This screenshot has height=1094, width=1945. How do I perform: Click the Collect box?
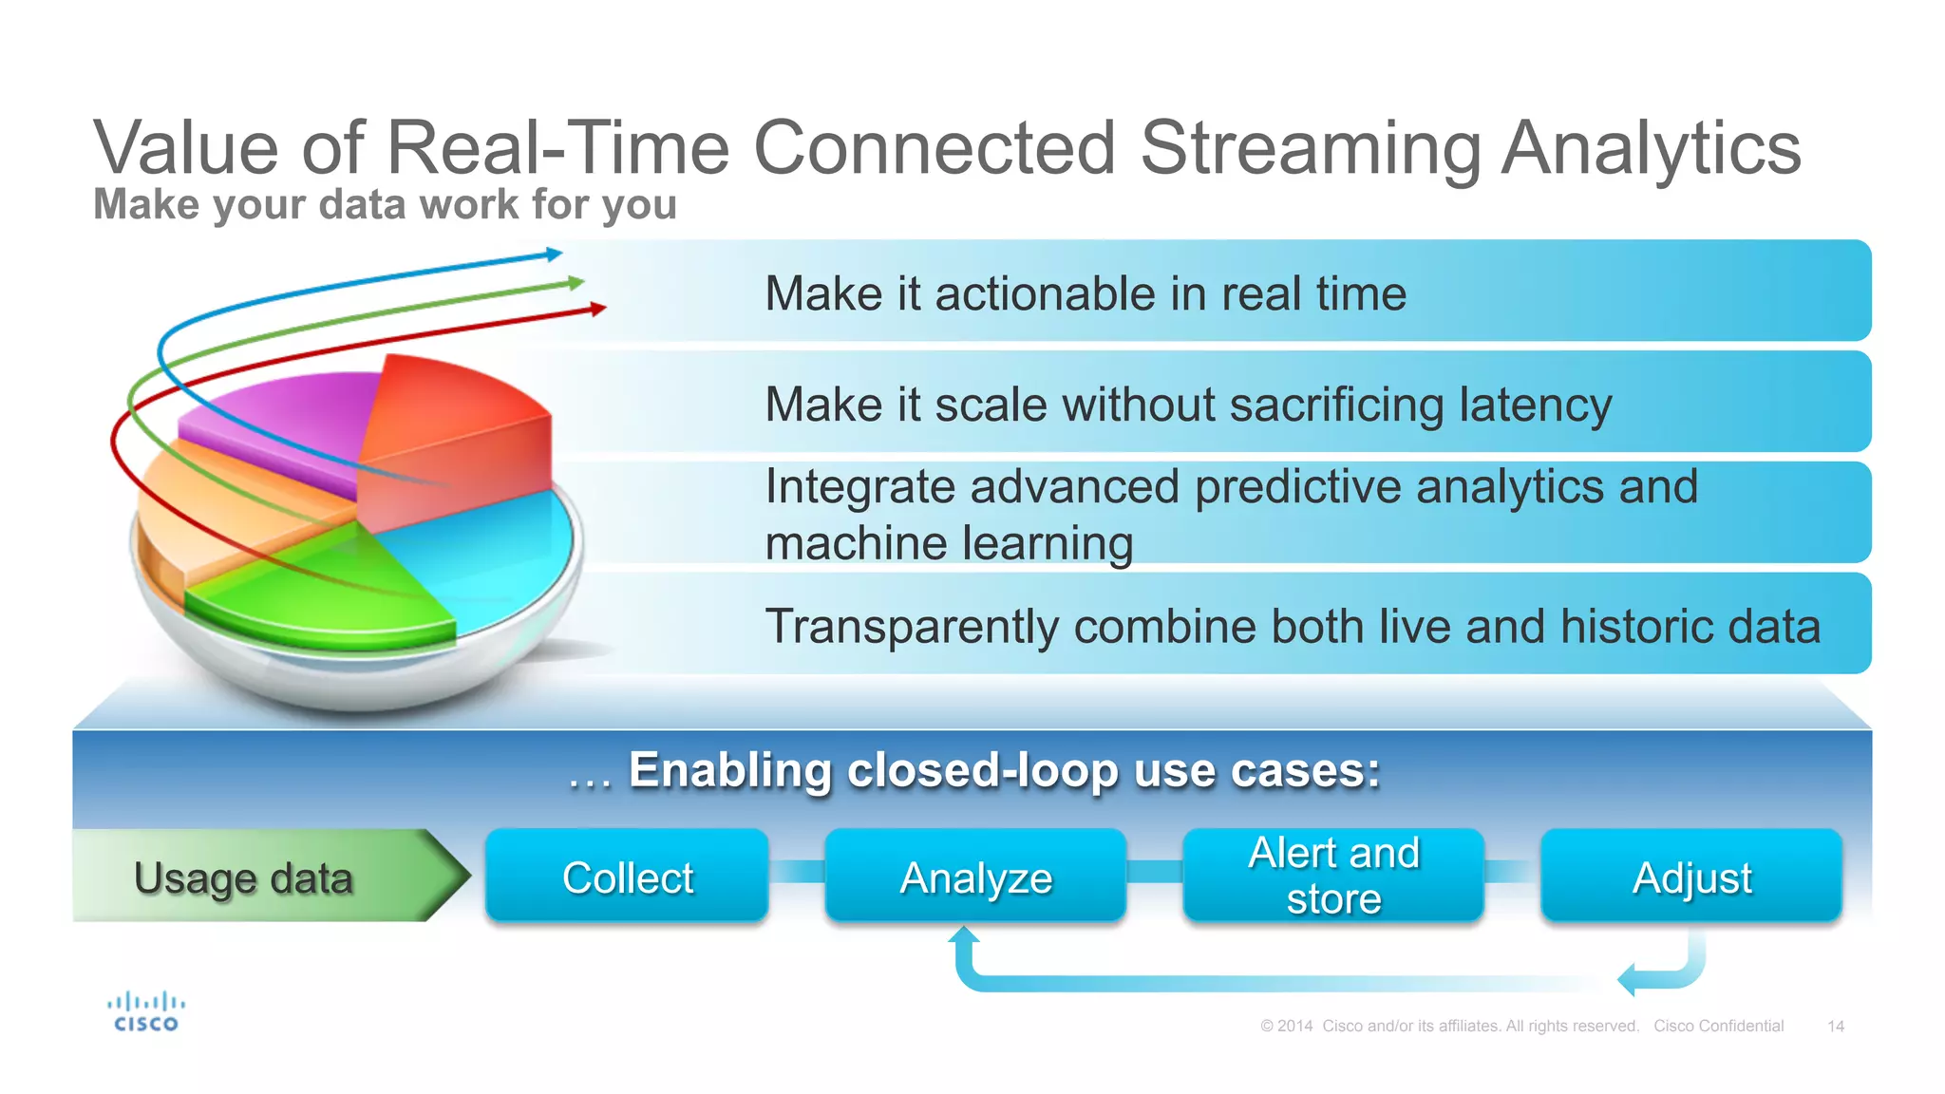pos(627,876)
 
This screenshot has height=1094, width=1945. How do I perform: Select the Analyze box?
pos(975,876)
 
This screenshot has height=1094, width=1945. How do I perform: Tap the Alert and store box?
pos(1333,876)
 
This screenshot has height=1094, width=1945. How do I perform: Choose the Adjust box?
pos(1691,876)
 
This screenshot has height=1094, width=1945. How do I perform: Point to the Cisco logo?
pos(145,1012)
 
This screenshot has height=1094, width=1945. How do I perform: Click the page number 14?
pos(1835,1026)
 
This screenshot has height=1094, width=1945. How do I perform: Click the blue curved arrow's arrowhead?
pos(555,254)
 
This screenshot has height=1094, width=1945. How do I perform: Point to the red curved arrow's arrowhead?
pos(597,308)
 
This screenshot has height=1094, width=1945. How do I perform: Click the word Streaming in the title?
pos(1310,148)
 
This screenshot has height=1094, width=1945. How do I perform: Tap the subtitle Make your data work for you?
pos(385,204)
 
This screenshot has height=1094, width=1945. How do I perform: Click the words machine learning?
pos(949,544)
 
